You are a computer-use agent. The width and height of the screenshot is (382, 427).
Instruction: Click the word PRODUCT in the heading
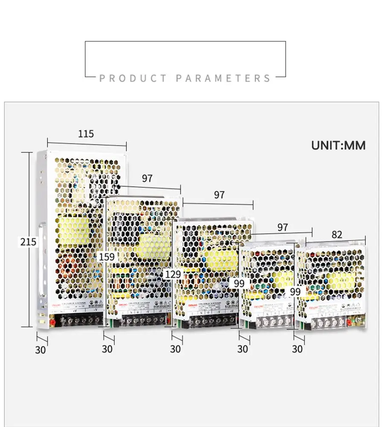pyautogui.click(x=133, y=79)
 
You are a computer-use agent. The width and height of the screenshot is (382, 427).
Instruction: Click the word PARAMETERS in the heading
pyautogui.click(x=223, y=79)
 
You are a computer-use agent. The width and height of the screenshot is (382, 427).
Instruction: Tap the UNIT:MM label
pyautogui.click(x=338, y=145)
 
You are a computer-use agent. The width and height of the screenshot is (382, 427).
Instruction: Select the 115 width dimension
pyautogui.click(x=86, y=134)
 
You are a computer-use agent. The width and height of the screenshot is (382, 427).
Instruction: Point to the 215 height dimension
pyautogui.click(x=29, y=242)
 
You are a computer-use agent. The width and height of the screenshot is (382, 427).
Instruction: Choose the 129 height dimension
pyautogui.click(x=173, y=274)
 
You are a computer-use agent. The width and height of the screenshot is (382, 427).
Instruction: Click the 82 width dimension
pyautogui.click(x=337, y=234)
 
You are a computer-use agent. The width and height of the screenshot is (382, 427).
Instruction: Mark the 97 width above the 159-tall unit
pyautogui.click(x=147, y=178)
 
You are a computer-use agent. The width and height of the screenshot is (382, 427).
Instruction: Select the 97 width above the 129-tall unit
pyautogui.click(x=219, y=195)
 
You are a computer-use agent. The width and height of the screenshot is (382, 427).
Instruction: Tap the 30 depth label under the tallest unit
pyautogui.click(x=40, y=350)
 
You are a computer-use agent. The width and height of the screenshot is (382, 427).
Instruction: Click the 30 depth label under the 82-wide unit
pyautogui.click(x=297, y=349)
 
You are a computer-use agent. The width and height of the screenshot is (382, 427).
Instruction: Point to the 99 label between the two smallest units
pyautogui.click(x=295, y=292)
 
